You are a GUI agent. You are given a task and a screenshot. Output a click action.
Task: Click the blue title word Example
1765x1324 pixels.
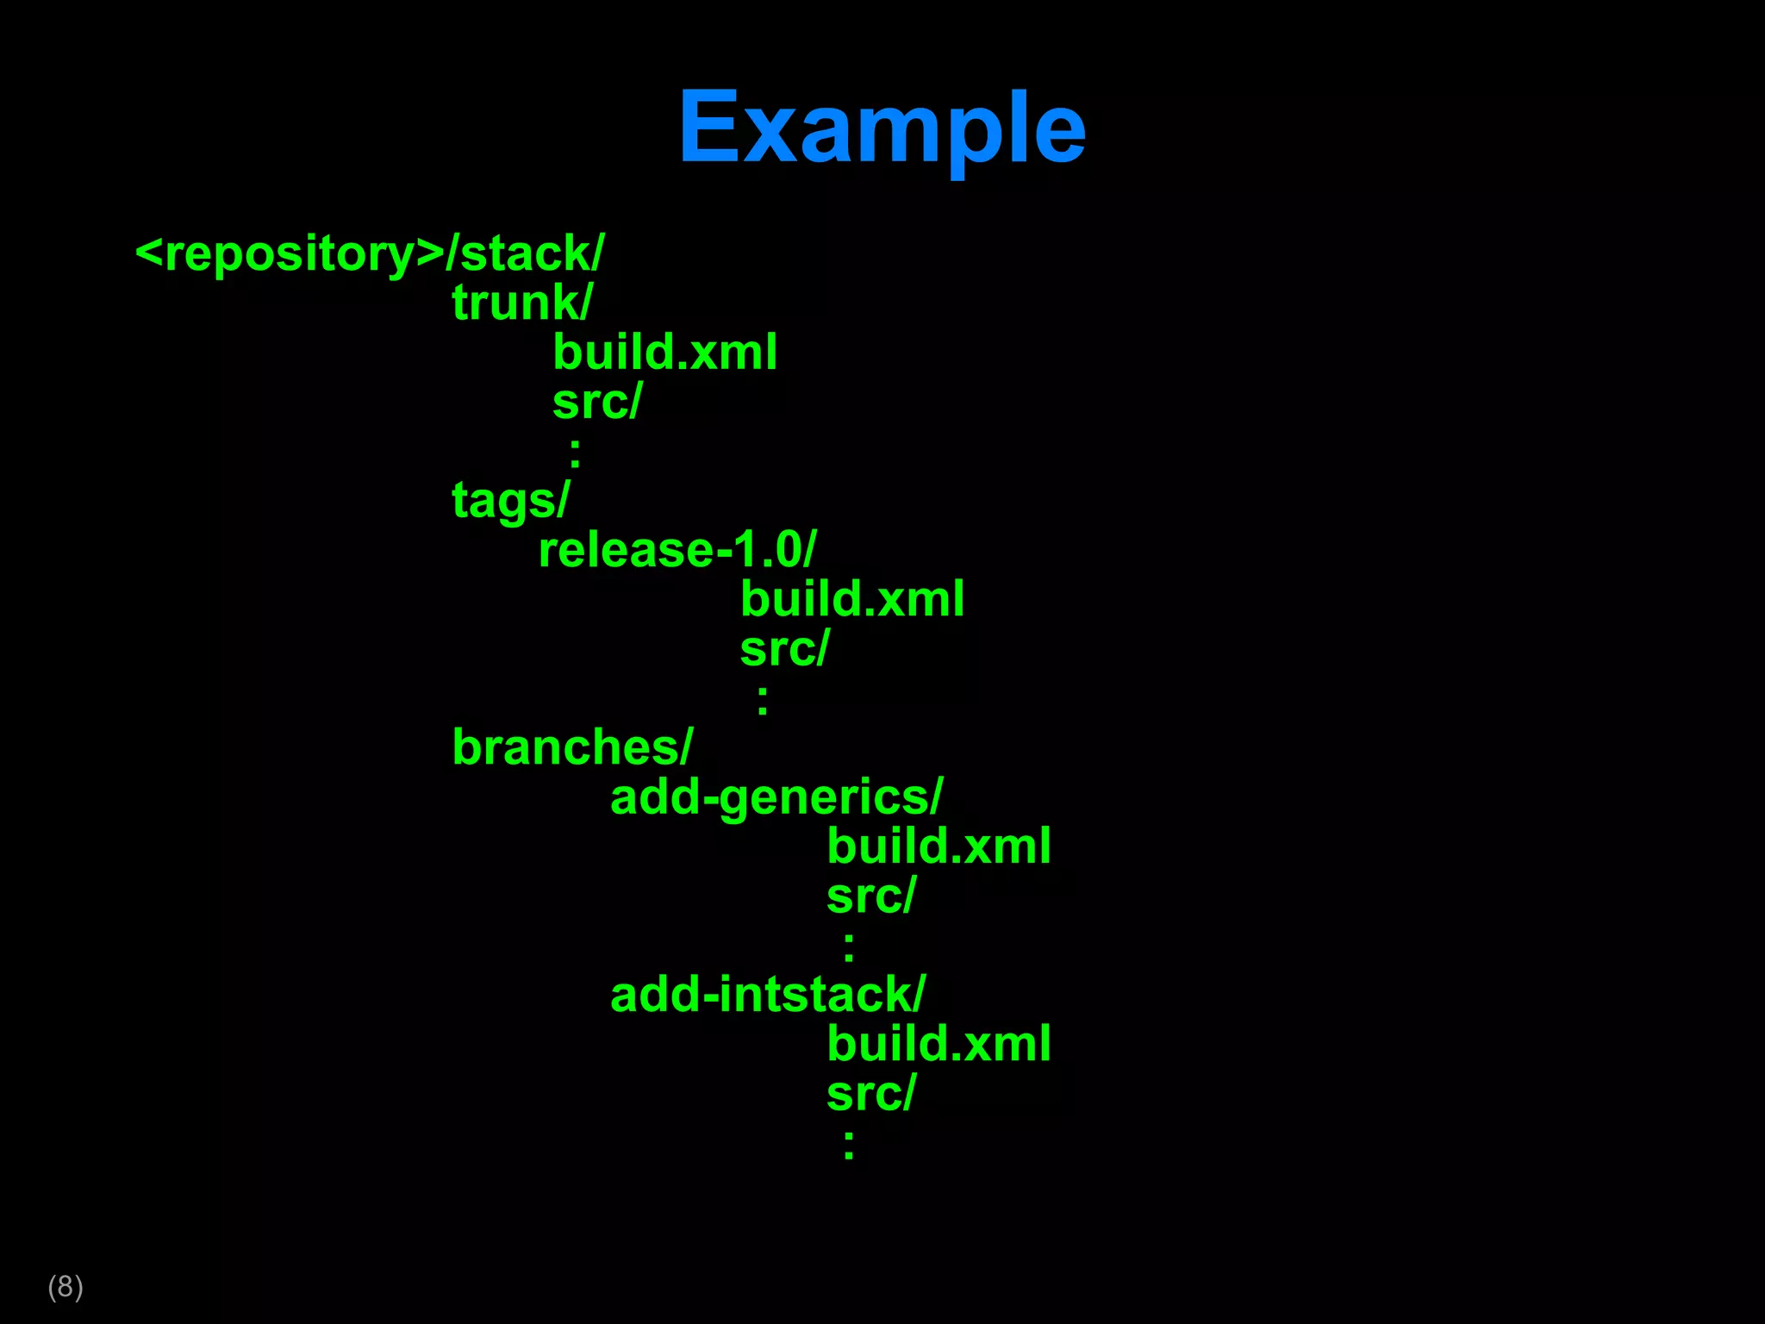[x=881, y=128]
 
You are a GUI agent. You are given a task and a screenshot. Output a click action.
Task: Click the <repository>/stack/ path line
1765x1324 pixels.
[x=370, y=253]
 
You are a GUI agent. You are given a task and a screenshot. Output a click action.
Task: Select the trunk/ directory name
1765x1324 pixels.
[x=521, y=303]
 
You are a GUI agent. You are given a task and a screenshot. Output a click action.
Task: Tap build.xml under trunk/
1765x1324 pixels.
[x=664, y=352]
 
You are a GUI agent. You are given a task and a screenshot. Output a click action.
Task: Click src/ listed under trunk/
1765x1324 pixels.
[x=597, y=402]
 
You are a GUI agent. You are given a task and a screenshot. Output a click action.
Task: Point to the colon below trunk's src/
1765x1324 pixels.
[x=575, y=452]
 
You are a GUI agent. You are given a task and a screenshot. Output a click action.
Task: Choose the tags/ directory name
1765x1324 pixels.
[x=510, y=500]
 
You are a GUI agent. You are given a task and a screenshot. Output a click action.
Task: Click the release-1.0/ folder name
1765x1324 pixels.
[x=677, y=550]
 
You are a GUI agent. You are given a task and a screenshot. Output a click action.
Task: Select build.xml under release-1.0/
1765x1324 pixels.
[x=852, y=599]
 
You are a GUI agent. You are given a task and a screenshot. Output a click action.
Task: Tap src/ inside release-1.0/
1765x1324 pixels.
[x=784, y=648]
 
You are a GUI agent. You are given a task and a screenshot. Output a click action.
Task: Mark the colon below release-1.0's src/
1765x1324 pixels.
[x=763, y=699]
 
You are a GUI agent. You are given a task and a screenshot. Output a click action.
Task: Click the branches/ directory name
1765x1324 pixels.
[x=572, y=747]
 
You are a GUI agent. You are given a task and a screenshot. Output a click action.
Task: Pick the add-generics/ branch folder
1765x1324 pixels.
[x=776, y=797]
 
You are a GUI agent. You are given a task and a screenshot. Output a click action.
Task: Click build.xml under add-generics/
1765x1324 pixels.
[x=939, y=846]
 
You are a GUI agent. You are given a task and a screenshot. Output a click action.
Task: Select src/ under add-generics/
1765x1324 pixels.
[x=870, y=896]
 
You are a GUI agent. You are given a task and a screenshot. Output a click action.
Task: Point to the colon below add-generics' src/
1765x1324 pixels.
[x=849, y=946]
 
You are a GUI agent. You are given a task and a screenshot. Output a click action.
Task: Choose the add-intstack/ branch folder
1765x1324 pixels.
[x=767, y=995]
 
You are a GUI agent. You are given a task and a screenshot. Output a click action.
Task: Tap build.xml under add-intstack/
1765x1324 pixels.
[x=939, y=1044]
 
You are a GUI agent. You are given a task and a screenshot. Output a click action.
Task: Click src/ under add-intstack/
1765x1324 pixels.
[x=870, y=1094]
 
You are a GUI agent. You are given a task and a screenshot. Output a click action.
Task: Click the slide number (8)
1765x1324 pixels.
[x=65, y=1286]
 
